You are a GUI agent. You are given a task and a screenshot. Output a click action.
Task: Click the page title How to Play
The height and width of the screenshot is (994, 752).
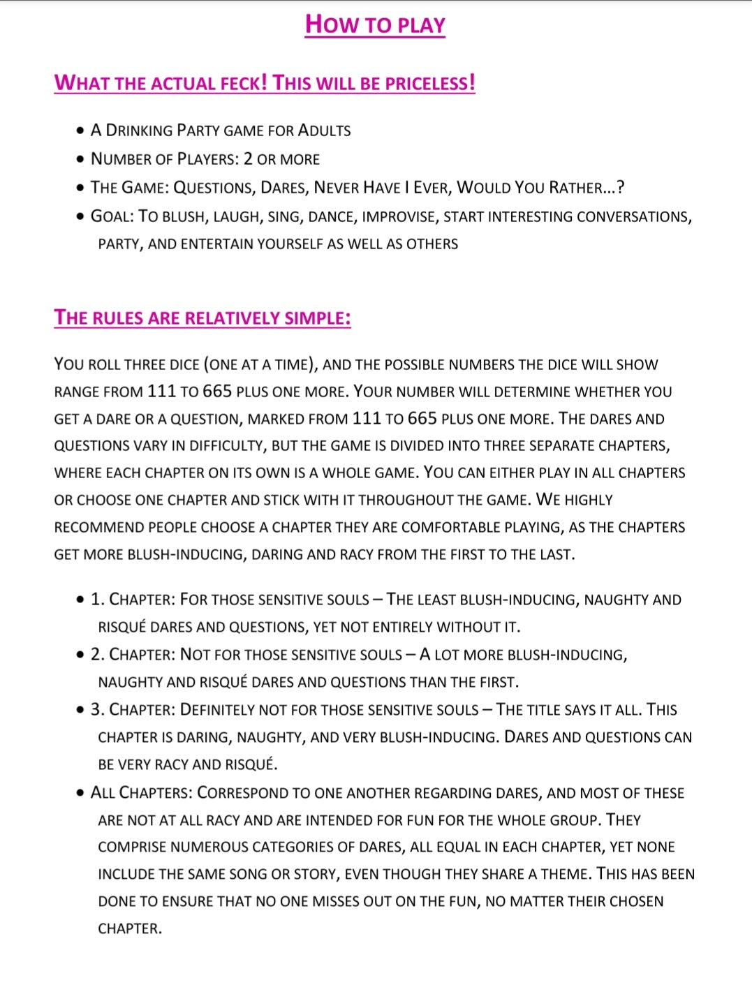(375, 24)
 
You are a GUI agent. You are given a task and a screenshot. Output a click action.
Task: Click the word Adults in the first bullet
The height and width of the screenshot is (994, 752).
(324, 131)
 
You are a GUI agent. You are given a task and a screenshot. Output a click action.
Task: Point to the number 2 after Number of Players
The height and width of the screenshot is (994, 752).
(248, 159)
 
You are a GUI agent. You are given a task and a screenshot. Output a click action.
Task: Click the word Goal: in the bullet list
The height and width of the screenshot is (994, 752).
(112, 216)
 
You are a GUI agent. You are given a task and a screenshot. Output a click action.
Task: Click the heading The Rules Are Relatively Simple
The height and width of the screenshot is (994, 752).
(202, 318)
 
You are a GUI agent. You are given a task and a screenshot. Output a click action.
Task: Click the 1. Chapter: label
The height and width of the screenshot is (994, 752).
(133, 600)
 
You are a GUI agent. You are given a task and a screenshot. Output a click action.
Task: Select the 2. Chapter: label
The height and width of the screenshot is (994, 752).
(133, 655)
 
